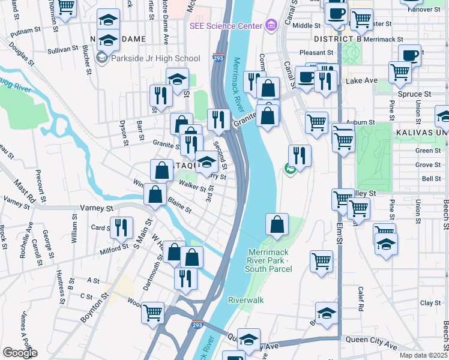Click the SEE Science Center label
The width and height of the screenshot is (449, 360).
coord(226,26)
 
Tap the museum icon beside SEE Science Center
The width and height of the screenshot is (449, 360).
coord(271,25)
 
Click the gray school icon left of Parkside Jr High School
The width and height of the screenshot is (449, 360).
coord(101,58)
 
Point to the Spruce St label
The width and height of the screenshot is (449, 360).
coord(414,94)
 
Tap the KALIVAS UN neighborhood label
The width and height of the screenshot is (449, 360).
coord(421,130)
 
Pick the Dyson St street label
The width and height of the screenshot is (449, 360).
coord(123,132)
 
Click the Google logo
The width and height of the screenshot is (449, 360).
coord(20,352)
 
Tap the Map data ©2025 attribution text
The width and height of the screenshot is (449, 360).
coord(424,355)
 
